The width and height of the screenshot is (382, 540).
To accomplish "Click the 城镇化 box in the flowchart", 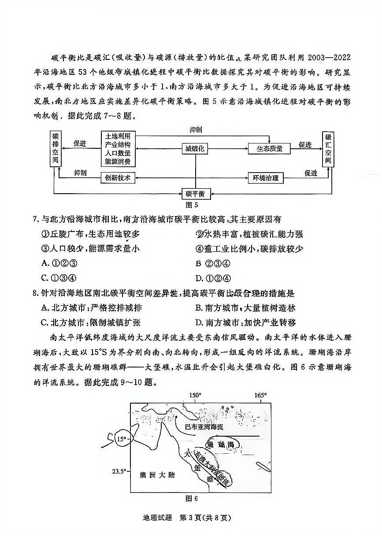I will (x=195, y=149).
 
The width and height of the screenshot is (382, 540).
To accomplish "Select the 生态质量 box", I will (x=269, y=149).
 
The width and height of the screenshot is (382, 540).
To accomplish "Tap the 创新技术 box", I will (x=118, y=178).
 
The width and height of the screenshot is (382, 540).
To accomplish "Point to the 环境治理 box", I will (x=265, y=178).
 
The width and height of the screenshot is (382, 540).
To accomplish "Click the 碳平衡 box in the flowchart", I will (x=195, y=194).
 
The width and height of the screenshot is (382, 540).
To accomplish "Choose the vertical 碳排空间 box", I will (x=55, y=148).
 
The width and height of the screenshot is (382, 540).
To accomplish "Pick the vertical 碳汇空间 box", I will (x=328, y=148).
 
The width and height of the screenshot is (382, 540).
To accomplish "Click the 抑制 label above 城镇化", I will (x=196, y=130).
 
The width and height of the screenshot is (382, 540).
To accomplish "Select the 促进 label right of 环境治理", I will (x=311, y=173).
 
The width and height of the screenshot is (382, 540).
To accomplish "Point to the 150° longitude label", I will (x=195, y=395).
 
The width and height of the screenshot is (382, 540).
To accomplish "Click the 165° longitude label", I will (x=260, y=395).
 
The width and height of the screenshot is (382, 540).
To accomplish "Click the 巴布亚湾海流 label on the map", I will (x=204, y=426).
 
